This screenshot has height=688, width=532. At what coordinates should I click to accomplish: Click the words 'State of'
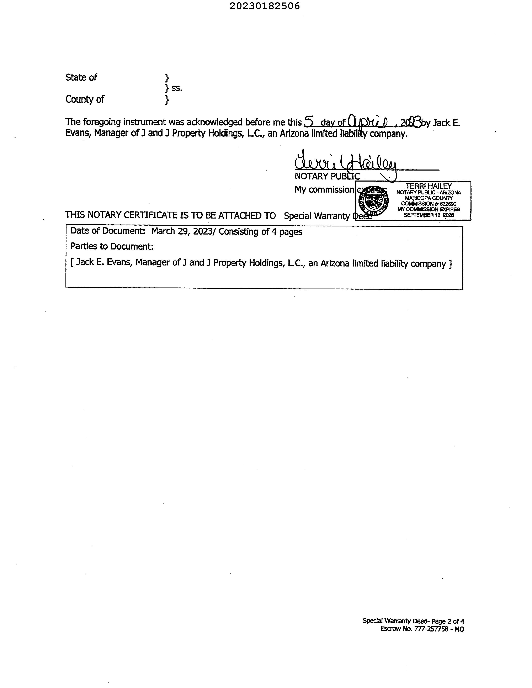(x=81, y=77)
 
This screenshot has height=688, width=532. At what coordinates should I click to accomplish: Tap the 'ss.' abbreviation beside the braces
(x=177, y=88)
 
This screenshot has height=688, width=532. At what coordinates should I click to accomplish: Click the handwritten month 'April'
(x=367, y=122)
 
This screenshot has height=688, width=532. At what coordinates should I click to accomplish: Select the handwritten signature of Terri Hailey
(x=345, y=162)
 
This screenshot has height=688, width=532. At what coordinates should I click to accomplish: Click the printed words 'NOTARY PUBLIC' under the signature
(x=327, y=176)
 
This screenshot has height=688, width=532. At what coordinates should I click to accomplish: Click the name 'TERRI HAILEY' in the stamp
(x=428, y=186)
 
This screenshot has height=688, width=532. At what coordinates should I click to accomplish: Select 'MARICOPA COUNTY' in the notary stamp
(x=429, y=198)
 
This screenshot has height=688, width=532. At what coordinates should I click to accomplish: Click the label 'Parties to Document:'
(x=112, y=246)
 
